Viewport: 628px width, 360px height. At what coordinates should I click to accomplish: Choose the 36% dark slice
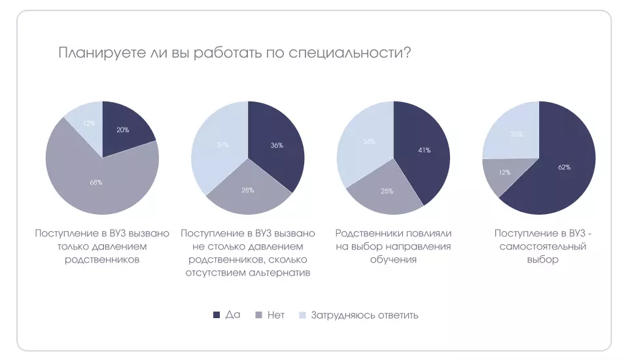pyautogui.click(x=276, y=145)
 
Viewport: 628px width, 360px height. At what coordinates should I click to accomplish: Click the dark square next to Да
pyautogui.click(x=217, y=315)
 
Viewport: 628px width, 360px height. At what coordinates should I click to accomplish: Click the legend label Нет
pyautogui.click(x=276, y=315)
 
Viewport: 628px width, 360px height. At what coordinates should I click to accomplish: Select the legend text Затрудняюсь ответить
pyautogui.click(x=364, y=315)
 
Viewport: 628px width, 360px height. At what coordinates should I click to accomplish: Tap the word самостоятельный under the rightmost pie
pyautogui.click(x=542, y=246)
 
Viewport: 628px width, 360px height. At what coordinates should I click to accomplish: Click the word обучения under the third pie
pyautogui.click(x=393, y=259)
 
